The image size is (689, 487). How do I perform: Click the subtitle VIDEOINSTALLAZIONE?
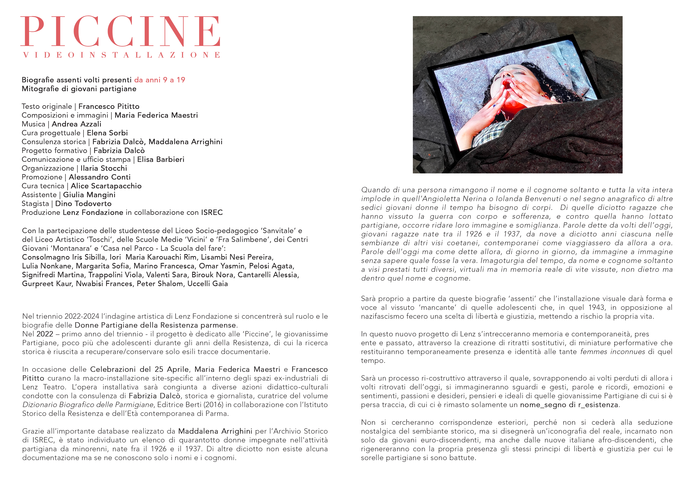(x=122, y=55)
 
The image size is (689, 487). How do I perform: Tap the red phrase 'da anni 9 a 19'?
(x=160, y=80)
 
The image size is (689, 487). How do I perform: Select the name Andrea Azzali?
(x=77, y=124)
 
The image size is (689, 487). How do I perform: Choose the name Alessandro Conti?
(x=100, y=177)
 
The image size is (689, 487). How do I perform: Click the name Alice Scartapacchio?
(x=106, y=186)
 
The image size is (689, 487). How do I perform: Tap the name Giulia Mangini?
(x=89, y=195)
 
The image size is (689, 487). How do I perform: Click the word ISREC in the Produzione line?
(x=212, y=212)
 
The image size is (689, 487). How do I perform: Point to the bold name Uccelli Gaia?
(x=207, y=284)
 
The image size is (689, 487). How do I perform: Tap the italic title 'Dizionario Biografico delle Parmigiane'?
(x=88, y=405)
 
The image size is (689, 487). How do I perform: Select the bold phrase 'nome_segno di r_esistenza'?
(x=569, y=405)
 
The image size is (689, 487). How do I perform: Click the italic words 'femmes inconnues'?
(x=612, y=352)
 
